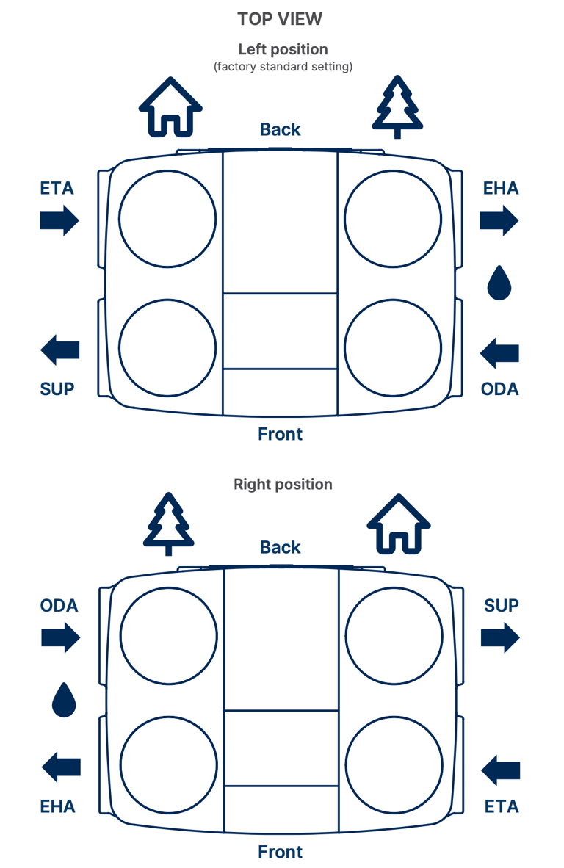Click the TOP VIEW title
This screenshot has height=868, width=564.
coord(280,19)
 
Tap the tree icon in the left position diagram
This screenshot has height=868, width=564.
coord(397,106)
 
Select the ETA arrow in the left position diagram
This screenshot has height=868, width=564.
coord(59,220)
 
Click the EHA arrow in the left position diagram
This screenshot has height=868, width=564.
coord(500,220)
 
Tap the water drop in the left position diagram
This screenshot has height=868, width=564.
coord(499,283)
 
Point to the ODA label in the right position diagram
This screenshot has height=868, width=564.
coord(59,606)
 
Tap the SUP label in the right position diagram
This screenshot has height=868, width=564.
coord(502,606)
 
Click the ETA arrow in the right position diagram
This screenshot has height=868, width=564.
coord(501,770)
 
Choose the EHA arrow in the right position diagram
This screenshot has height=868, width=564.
coord(61,768)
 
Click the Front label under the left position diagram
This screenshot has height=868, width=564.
coord(281,434)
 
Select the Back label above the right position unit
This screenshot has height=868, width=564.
coord(281,548)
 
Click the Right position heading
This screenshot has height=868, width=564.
coord(283,485)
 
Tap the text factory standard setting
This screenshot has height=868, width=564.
coord(283,67)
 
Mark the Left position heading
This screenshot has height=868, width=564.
coord(283,49)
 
